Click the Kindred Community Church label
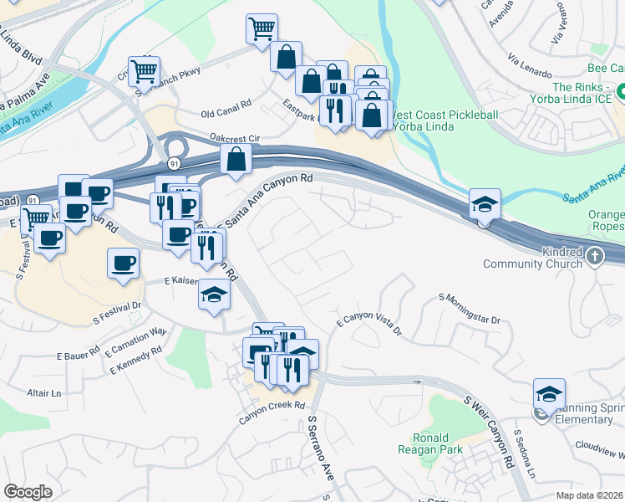coord(535,259)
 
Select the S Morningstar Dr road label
coord(470,308)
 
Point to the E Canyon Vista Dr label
coord(368,321)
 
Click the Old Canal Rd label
coord(226,113)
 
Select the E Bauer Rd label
coord(79,351)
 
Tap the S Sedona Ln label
coord(524,455)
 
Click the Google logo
coord(28,492)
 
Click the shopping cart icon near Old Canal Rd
coord(144,69)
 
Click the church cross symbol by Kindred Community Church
coord(594,257)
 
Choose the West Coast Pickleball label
coord(445,115)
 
